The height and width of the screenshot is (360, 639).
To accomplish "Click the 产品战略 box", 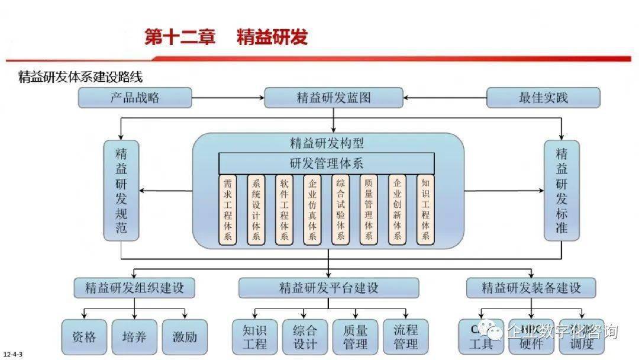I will [x=135, y=98].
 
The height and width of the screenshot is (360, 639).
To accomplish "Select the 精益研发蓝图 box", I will [x=334, y=98].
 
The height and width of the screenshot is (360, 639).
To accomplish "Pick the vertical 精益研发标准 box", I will [x=561, y=190].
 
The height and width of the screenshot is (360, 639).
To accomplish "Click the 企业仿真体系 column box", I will [x=312, y=210].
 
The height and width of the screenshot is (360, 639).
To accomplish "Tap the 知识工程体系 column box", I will [x=425, y=210].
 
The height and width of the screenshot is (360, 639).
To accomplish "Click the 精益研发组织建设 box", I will [x=134, y=288].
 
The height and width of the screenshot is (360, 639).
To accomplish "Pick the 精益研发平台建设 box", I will [x=328, y=288].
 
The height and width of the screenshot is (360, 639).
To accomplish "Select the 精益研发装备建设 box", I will [x=531, y=288].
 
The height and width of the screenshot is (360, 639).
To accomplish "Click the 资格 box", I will [x=84, y=337].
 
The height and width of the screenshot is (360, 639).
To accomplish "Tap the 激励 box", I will [x=185, y=337].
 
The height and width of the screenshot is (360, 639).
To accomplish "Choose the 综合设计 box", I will [x=305, y=337].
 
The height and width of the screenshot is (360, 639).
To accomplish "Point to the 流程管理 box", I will [x=405, y=337].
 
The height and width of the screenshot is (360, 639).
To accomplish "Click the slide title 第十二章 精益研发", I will [x=226, y=37].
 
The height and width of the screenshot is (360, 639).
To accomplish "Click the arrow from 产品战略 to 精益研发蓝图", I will [x=228, y=98].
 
